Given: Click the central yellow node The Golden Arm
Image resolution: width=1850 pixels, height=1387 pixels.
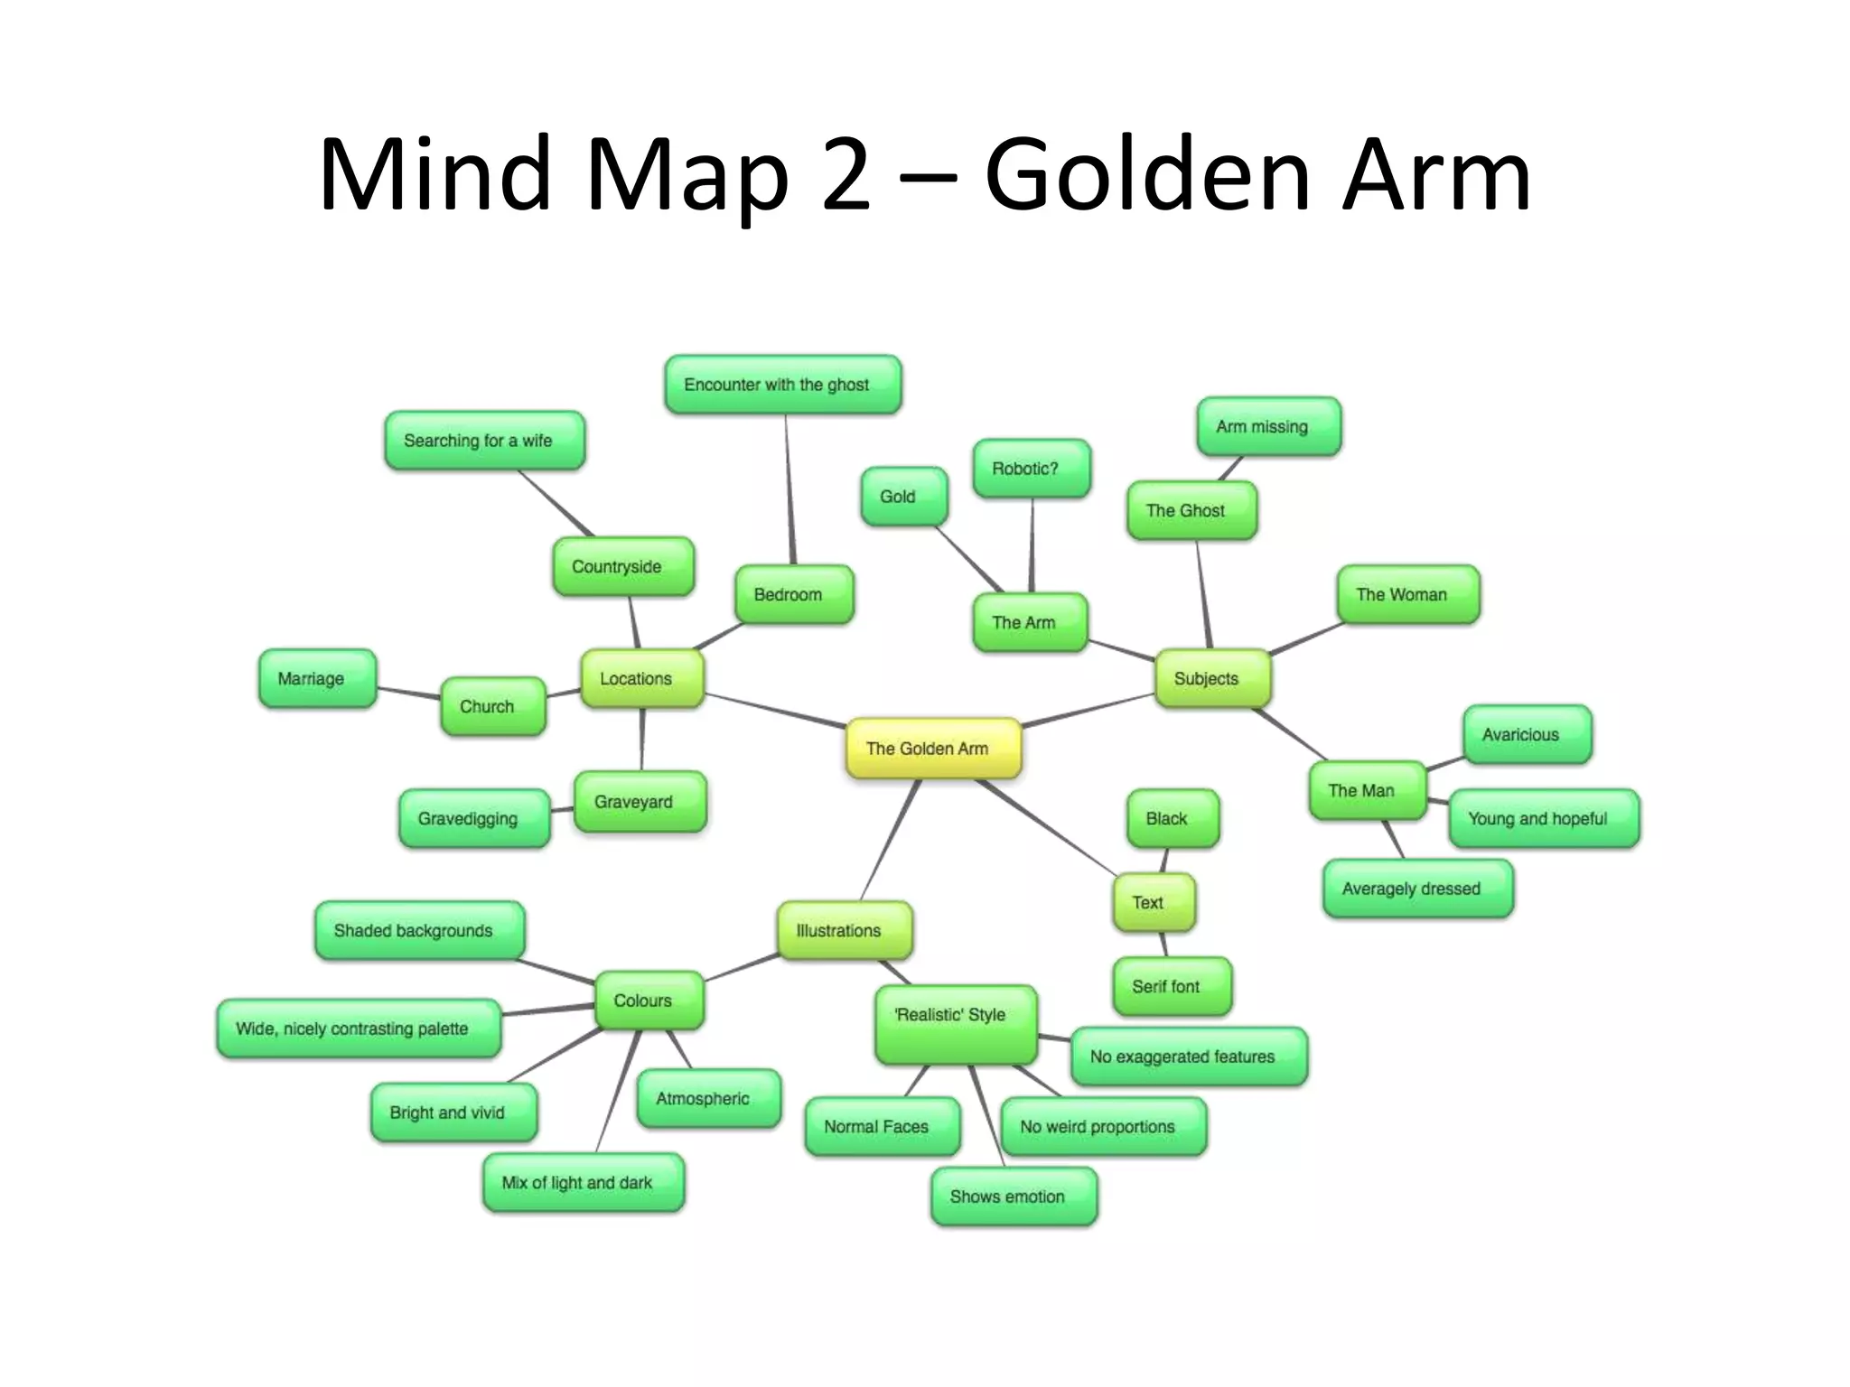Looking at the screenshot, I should [x=933, y=748].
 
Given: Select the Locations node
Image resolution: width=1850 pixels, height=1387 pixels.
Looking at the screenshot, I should [x=641, y=678].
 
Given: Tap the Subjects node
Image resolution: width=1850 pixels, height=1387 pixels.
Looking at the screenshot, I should [x=1212, y=678].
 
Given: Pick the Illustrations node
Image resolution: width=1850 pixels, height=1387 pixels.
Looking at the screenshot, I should [x=845, y=930].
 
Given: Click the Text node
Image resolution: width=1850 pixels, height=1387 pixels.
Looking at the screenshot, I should [x=1154, y=902].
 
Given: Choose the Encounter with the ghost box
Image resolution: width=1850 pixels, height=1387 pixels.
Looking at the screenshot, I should [x=782, y=385].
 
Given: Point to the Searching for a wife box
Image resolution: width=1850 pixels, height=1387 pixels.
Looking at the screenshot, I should [x=484, y=441].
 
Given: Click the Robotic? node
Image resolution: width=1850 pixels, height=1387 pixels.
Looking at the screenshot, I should [x=1031, y=469].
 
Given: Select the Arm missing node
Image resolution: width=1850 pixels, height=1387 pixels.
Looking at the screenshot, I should [x=1268, y=426].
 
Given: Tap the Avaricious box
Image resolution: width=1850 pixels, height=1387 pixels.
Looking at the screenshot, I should [x=1527, y=734].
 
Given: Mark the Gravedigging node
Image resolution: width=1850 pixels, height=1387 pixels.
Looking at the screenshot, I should [x=473, y=819].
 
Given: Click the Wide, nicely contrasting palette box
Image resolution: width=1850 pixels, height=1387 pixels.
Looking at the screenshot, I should [x=359, y=1029].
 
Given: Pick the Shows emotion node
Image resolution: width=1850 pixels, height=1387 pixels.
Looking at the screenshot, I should [x=1014, y=1196].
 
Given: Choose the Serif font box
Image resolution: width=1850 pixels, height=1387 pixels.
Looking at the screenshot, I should [x=1172, y=986].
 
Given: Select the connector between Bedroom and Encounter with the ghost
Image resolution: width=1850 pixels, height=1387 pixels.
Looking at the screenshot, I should [x=790, y=489].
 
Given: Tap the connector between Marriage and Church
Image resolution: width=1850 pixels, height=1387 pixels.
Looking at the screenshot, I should [x=408, y=693].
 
